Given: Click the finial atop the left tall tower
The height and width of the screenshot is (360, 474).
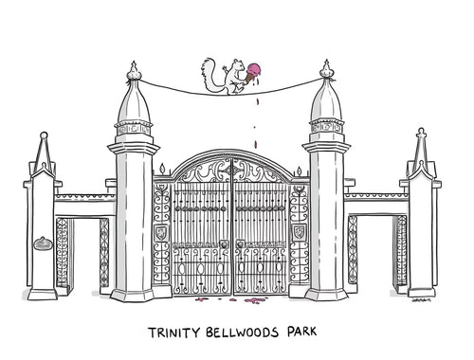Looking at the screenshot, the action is (x=134, y=70).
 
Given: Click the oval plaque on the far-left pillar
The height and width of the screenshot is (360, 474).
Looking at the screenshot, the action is (x=43, y=244).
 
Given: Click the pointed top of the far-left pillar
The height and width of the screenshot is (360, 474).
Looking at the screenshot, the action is (x=42, y=142).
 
